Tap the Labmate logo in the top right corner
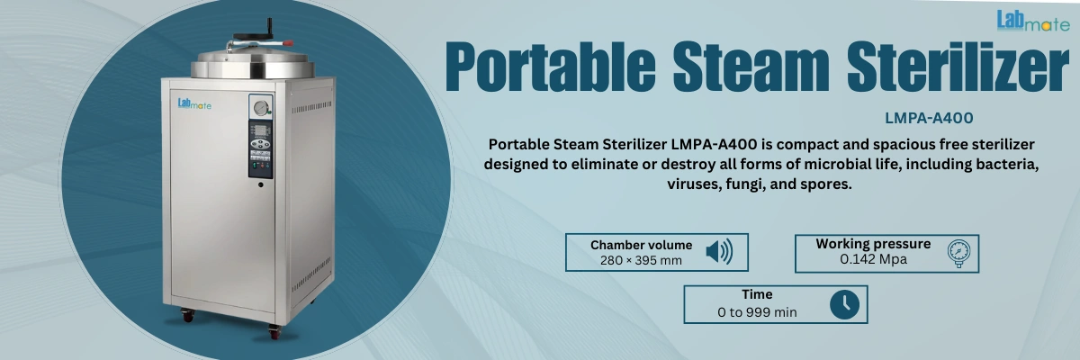click(1032, 21)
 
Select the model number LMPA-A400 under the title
click(930, 118)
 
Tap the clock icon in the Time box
click(843, 303)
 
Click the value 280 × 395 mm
click(641, 260)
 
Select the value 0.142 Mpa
click(873, 259)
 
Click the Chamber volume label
click(641, 245)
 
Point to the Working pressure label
click(873, 244)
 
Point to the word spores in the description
click(828, 184)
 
